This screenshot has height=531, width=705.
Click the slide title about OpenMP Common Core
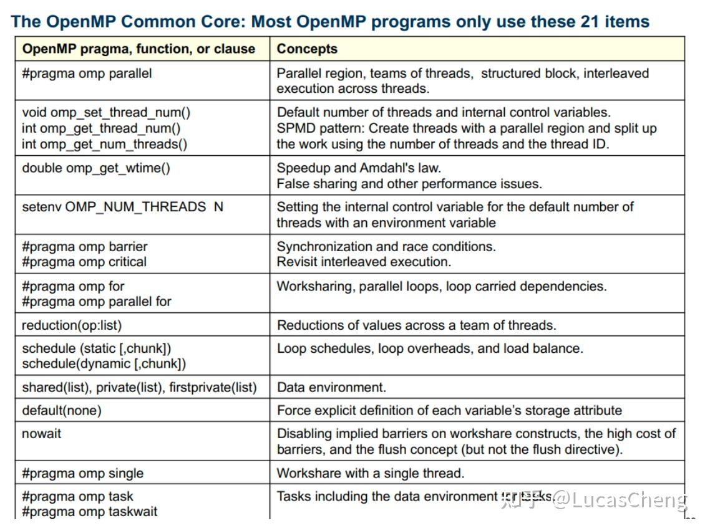tap(330, 22)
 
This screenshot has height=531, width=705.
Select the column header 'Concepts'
tap(307, 49)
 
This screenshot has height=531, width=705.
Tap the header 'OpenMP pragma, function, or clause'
tap(139, 49)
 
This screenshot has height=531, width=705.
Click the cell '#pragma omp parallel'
tap(87, 74)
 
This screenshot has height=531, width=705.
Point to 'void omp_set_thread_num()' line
tap(106, 113)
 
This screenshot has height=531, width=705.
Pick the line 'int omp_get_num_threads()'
tap(104, 144)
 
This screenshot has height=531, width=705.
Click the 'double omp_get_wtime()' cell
tap(96, 168)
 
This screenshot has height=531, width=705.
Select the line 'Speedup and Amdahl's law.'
tap(359, 168)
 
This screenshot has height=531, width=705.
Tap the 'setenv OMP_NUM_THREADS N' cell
tap(122, 207)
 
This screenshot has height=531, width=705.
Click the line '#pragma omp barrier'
tap(85, 246)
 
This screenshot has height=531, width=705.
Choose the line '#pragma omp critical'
tap(84, 262)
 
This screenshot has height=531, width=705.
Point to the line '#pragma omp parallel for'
tap(97, 302)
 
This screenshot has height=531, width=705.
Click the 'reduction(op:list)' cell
tap(72, 325)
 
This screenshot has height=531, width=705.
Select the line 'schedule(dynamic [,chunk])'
tap(104, 363)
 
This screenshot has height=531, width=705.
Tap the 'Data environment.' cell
tap(331, 388)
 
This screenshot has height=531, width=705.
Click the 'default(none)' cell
tap(61, 411)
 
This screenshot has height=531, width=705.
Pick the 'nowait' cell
tap(42, 433)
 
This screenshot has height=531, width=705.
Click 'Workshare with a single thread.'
tap(371, 474)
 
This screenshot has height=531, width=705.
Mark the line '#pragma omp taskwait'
tap(90, 512)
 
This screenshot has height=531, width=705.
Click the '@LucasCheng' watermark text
tap(620, 500)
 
